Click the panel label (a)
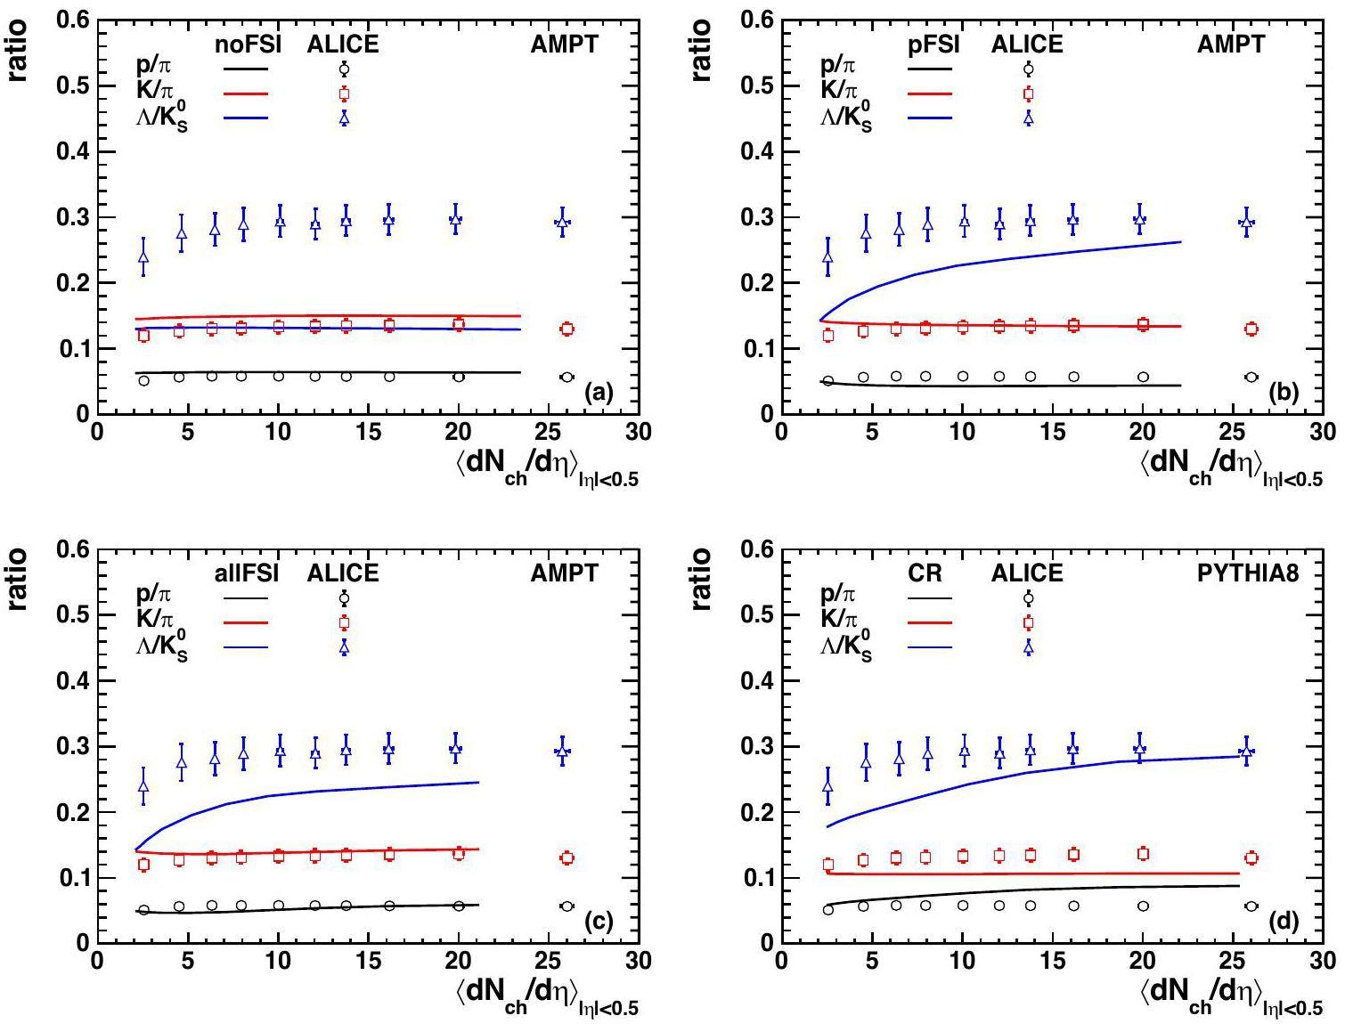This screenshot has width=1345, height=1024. tap(599, 392)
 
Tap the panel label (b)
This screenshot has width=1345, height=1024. tap(1284, 392)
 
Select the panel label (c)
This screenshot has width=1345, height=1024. tap(599, 922)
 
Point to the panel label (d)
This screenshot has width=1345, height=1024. tap(1284, 922)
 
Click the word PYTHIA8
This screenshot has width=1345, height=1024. tap(1247, 573)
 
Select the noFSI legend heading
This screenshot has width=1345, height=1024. tap(249, 44)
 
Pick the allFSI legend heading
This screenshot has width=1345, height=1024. tap(249, 573)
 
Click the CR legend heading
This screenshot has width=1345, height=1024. tap(925, 573)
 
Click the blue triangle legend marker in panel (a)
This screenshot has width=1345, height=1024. tap(344, 118)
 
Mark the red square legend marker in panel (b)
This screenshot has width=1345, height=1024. tap(1028, 93)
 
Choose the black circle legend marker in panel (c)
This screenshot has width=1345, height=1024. tap(344, 598)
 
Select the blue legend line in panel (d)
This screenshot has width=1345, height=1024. tap(930, 647)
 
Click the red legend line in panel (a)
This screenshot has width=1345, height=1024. tap(246, 93)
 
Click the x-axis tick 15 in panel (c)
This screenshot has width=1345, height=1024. tap(369, 962)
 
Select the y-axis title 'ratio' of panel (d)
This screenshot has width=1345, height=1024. tap(702, 579)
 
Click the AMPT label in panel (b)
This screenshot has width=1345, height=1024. tap(1230, 44)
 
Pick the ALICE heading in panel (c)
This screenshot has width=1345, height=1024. tap(343, 573)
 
